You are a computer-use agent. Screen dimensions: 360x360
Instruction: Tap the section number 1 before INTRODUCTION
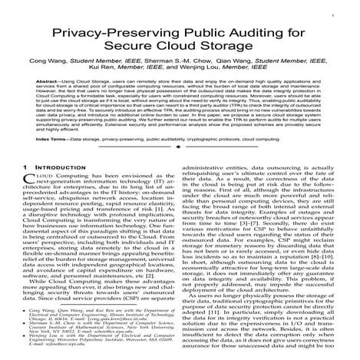[x=27, y=189]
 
